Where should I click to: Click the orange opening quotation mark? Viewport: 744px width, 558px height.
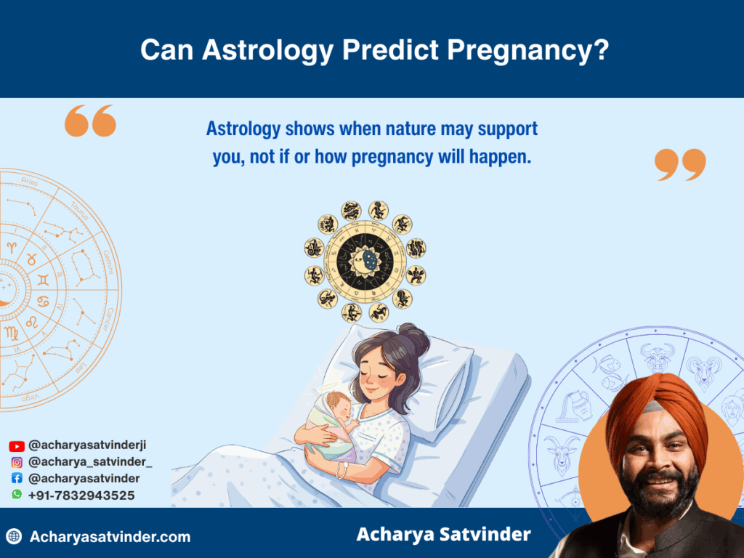(x=90, y=121)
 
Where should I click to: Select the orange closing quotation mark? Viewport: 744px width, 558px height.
(x=680, y=165)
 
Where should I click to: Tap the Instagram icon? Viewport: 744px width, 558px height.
(x=17, y=462)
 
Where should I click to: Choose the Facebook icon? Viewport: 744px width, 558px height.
(x=17, y=479)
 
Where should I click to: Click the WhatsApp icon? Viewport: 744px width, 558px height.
(x=17, y=495)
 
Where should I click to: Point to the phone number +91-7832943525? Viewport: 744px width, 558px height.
(x=81, y=496)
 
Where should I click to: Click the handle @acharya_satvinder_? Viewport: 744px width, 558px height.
(x=90, y=462)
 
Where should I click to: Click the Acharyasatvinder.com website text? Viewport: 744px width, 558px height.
(x=110, y=538)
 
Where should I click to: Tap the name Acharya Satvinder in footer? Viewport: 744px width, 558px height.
(x=443, y=535)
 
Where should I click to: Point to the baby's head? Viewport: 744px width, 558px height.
(x=336, y=402)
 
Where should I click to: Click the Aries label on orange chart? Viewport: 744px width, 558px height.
(x=30, y=183)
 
